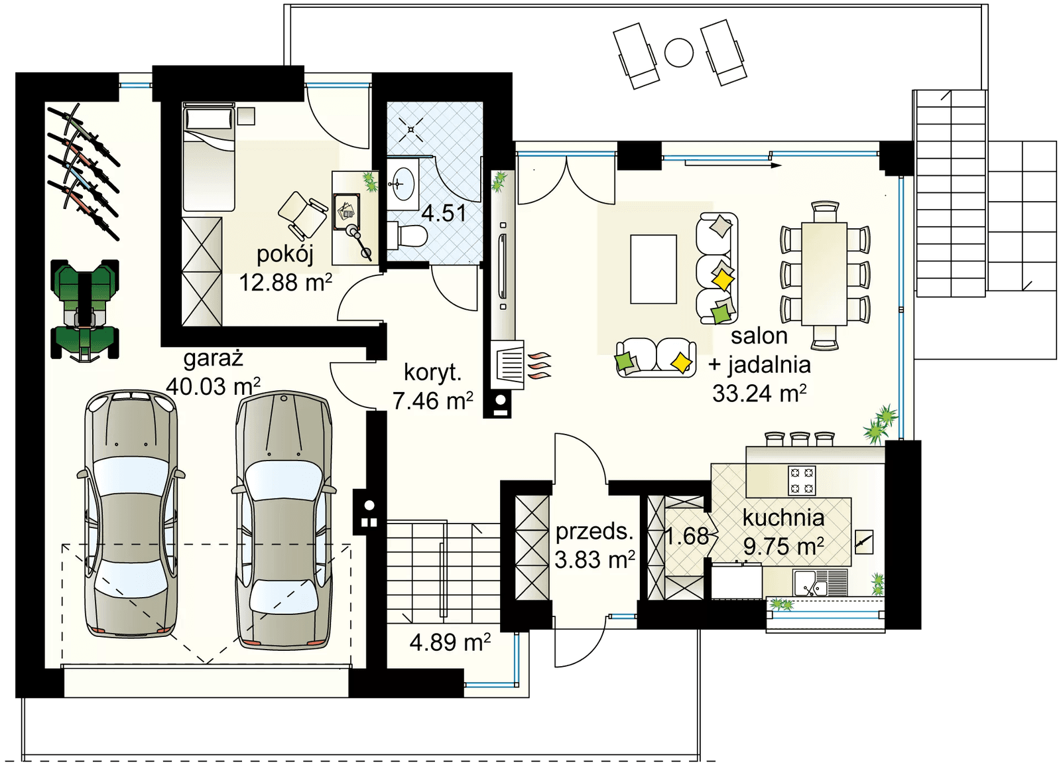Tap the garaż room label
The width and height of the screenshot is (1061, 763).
pos(213,358)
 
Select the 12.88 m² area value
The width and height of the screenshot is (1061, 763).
pos(285,283)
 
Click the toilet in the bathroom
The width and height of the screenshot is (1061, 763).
pos(408,236)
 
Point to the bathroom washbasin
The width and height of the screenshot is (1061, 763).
pos(402,184)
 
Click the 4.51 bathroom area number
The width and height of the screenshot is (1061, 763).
pos(444,213)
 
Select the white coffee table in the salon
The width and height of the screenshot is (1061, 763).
pos(653,269)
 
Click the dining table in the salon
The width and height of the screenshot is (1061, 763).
pos(824,274)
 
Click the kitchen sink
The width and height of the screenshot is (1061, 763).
pos(811,583)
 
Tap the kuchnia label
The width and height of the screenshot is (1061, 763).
pos(783,518)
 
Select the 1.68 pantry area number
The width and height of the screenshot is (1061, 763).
pos(687,536)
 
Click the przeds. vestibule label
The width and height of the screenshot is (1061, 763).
pos(594,531)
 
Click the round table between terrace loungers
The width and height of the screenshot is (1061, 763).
pos(679,52)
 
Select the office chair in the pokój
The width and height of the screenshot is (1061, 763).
pos(303,216)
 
